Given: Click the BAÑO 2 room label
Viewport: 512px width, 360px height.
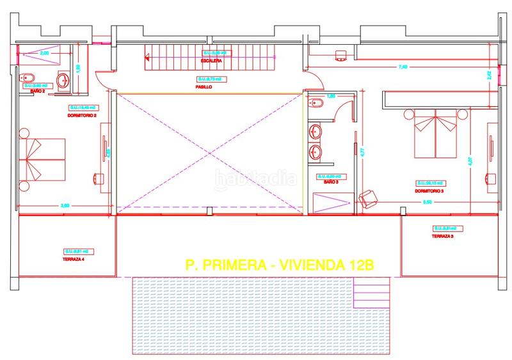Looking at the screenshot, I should [37, 92].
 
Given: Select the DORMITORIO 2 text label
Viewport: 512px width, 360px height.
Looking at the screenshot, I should [81, 116].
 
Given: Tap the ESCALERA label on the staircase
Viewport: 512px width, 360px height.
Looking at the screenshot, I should [211, 61].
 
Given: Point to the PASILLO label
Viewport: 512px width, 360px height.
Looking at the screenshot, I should [205, 86].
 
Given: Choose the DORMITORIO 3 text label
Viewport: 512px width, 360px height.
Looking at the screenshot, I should [429, 190].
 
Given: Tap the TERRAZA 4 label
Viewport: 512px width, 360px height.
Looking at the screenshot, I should [74, 259].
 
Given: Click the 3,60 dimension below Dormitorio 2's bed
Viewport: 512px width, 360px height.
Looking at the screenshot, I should [65, 205].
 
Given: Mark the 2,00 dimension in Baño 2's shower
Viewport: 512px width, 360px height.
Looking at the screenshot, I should [44, 54].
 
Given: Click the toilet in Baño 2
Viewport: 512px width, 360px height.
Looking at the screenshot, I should [28, 79].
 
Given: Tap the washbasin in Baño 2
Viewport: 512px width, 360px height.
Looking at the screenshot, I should [63, 81].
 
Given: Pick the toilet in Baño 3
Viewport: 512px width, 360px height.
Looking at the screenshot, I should [314, 103].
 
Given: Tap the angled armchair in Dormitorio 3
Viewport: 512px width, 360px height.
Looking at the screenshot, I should [369, 199].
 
